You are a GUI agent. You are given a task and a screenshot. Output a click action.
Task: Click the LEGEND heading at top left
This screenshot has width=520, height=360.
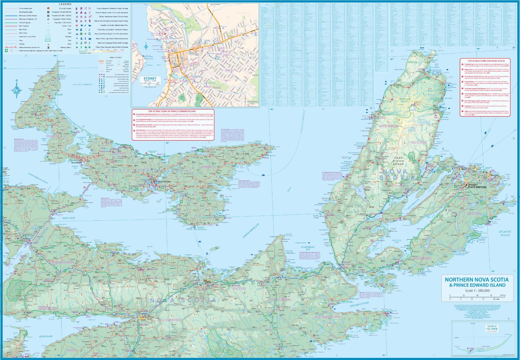(x=65, y=4)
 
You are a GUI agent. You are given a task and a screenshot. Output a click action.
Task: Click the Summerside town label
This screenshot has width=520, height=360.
(x=77, y=163)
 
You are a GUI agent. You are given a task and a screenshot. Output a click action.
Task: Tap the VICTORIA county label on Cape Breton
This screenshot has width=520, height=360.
(x=418, y=142)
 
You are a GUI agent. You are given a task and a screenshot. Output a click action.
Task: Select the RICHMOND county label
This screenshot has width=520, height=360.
(x=422, y=258)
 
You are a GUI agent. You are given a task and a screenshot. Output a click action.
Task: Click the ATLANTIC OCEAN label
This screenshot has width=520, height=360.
(x=505, y=233)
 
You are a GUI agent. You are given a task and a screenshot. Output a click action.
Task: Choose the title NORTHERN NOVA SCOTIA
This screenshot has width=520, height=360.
(x=476, y=280)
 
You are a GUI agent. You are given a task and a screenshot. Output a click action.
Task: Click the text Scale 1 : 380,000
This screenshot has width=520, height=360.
(x=477, y=290)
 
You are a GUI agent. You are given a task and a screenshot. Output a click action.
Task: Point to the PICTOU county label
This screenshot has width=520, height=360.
(x=239, y=288)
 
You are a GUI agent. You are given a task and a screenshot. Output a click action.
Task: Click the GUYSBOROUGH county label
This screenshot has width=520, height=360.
(x=328, y=317)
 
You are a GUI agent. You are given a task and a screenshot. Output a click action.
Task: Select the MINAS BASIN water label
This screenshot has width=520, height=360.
(x=46, y=336)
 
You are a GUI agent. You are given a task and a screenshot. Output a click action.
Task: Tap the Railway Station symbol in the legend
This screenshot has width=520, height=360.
(x=48, y=47)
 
